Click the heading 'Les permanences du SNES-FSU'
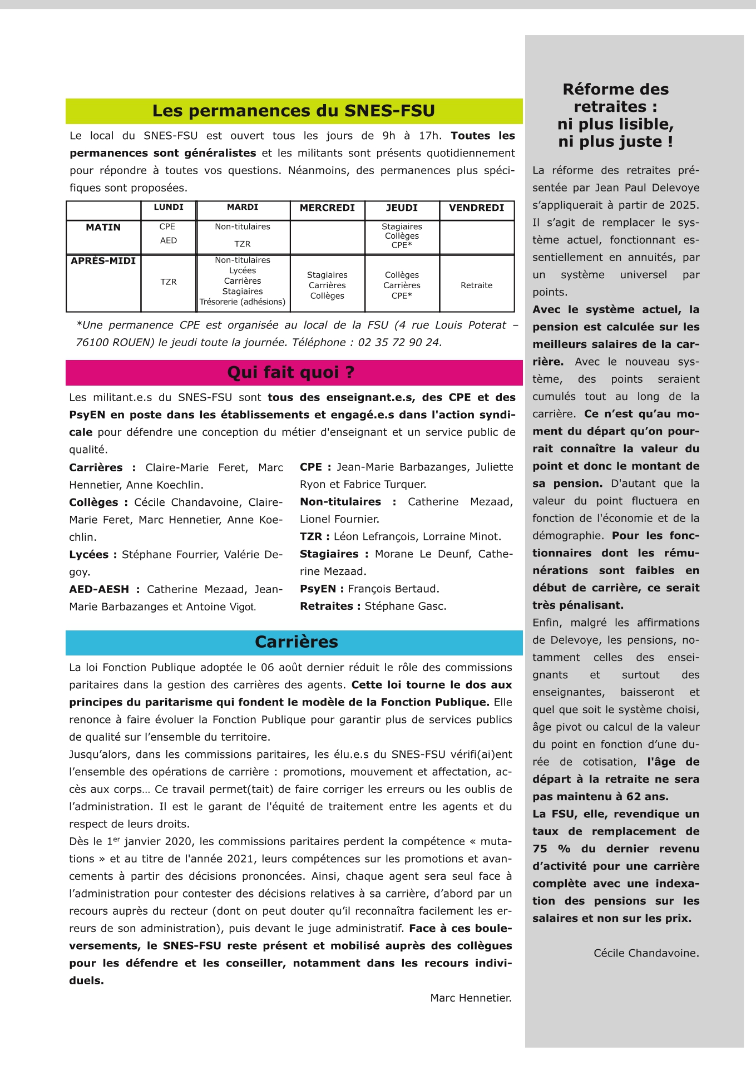pos(294,111)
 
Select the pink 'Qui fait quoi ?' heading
pos(290,372)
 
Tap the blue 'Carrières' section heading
pos(296,642)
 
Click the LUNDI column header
pos(169,207)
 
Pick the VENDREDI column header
pos(476,208)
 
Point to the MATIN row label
pos(103,227)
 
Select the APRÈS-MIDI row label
pos(103,260)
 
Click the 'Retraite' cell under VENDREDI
pos(476,285)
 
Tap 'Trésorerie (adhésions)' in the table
pos(243,302)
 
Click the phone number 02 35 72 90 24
pos(399,343)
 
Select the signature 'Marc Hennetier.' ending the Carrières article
pos(471,998)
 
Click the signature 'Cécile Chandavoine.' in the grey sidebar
pos(646,953)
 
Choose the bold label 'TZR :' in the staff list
pos(314,536)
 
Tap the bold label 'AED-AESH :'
pos(104,589)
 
